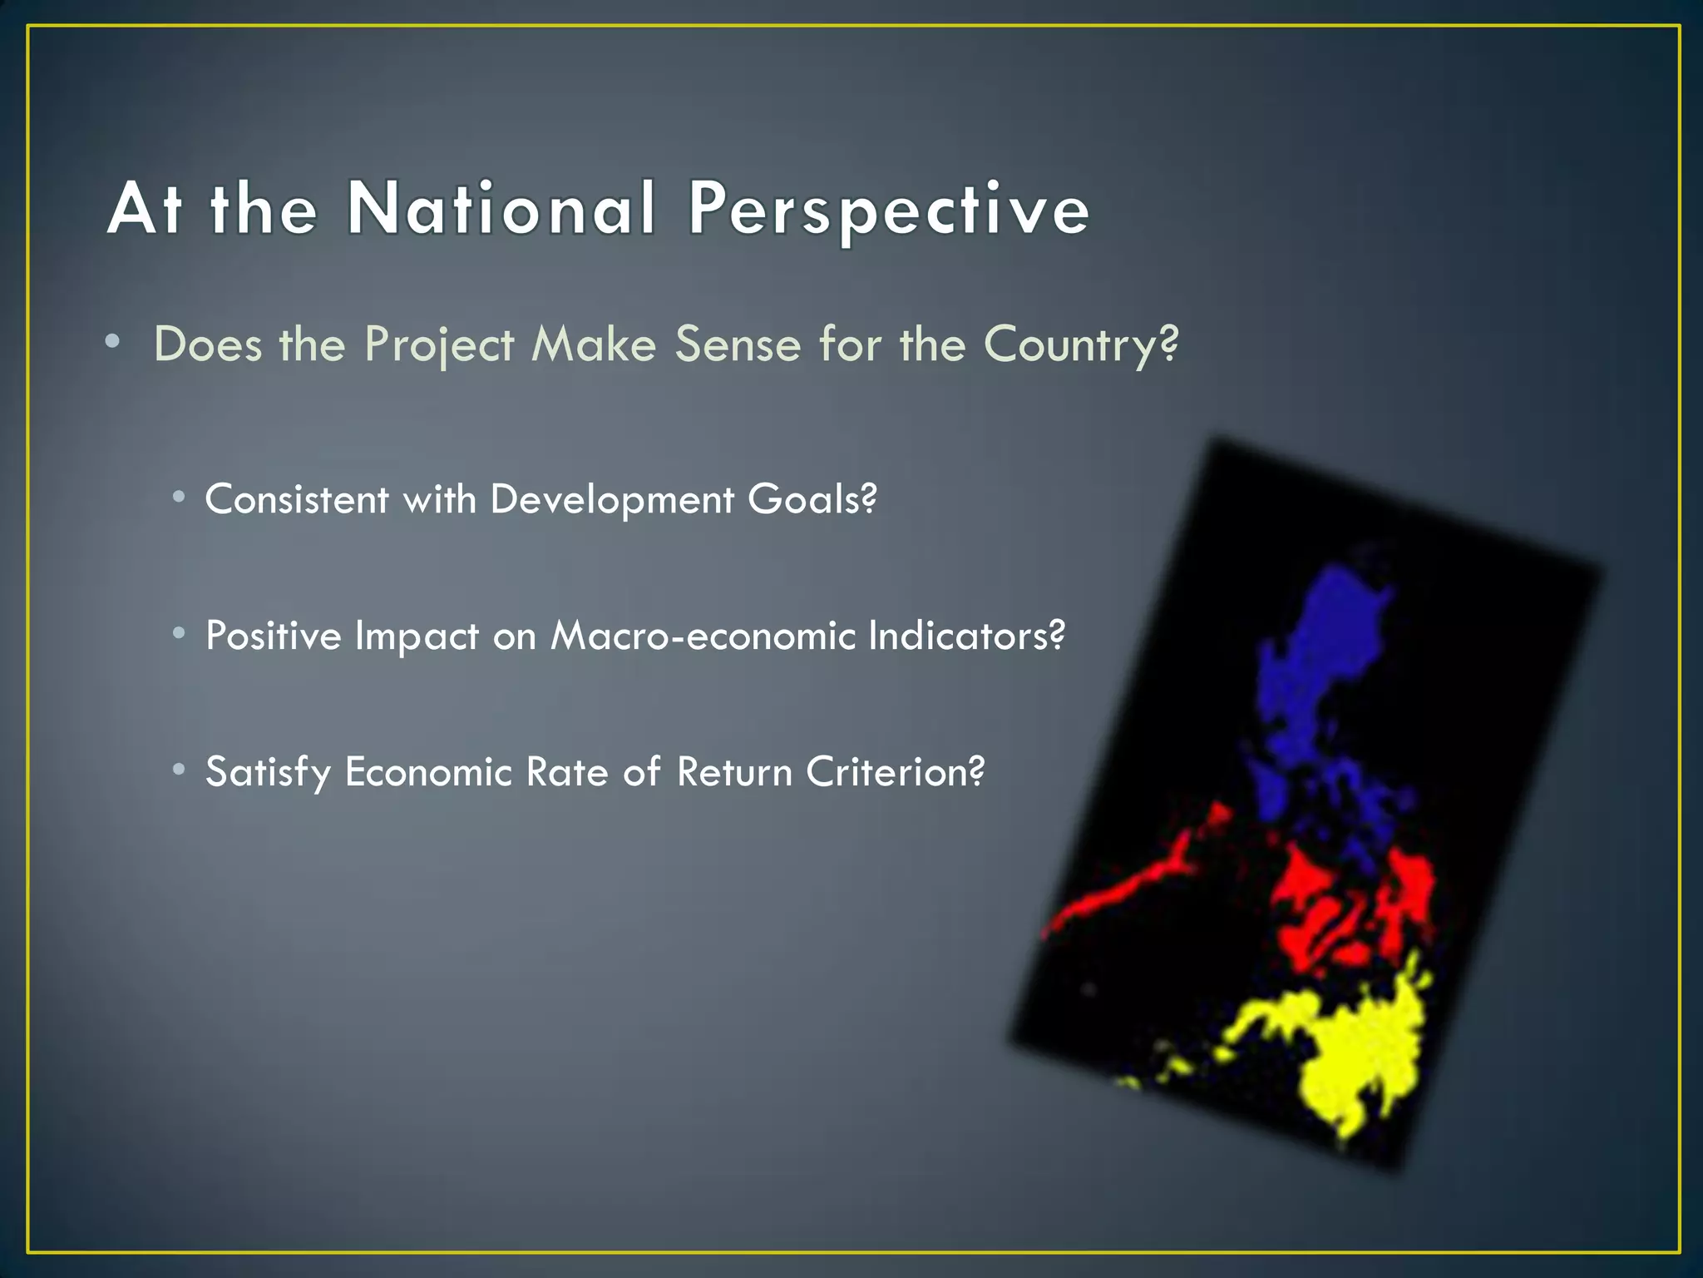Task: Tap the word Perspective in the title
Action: pos(888,210)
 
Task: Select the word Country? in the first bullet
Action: pos(1081,344)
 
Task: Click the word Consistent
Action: pos(296,499)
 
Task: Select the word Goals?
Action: pos(812,499)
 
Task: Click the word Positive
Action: pos(273,636)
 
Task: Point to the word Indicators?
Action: pos(966,636)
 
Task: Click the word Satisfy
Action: pos(268,773)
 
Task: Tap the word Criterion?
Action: pos(895,772)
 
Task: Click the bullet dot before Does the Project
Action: pos(113,341)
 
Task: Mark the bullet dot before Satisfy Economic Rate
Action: pos(179,770)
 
